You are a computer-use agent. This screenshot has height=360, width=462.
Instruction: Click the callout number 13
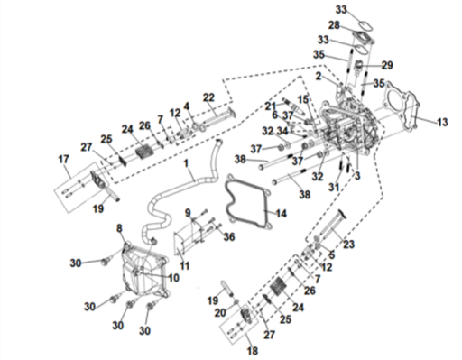click(442, 122)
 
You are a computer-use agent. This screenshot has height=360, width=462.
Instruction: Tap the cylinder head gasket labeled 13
click(412, 113)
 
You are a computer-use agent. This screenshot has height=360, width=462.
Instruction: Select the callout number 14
click(281, 214)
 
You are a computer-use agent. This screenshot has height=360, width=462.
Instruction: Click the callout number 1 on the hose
click(186, 163)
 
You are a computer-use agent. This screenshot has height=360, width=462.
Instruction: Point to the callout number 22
click(208, 97)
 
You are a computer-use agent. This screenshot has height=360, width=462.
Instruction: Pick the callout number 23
click(348, 244)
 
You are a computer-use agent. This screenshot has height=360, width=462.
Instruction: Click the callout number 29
click(387, 65)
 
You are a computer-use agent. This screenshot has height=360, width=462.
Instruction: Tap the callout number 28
click(334, 25)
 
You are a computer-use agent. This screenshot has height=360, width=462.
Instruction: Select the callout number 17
click(63, 159)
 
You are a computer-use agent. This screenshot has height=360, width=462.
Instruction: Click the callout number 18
click(253, 351)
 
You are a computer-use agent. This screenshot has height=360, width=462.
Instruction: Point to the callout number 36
click(229, 237)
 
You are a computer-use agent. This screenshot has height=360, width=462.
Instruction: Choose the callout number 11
click(184, 266)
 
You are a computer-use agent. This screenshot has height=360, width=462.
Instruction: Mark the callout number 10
click(173, 278)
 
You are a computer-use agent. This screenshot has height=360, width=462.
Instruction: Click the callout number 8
click(119, 228)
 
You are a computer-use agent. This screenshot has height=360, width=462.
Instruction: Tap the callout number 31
click(334, 187)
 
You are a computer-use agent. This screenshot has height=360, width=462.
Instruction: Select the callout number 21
click(271, 106)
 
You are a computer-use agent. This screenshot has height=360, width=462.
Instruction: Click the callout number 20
click(220, 313)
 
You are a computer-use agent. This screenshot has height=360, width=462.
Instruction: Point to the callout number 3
click(357, 176)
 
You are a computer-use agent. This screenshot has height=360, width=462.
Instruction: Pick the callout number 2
click(319, 77)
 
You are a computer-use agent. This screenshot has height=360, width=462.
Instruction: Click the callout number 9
click(188, 213)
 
